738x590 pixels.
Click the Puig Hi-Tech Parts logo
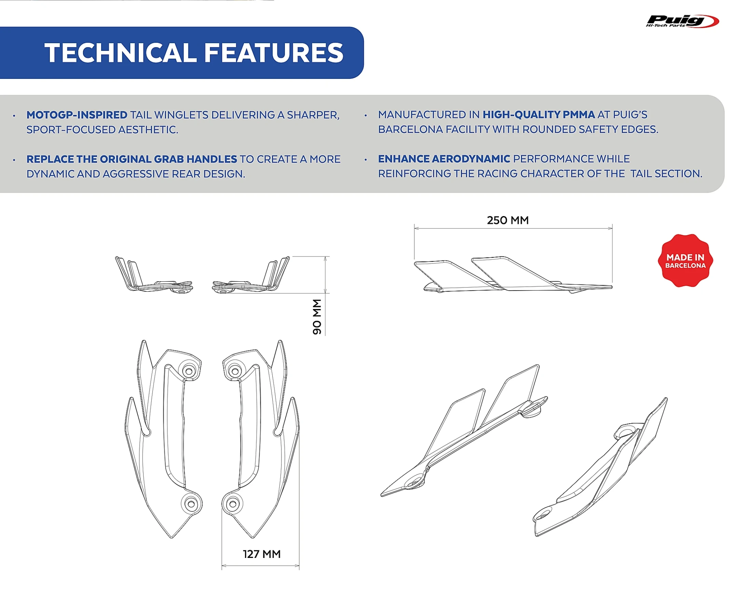(682, 21)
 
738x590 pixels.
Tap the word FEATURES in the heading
(274, 53)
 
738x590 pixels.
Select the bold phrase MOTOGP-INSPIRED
(77, 115)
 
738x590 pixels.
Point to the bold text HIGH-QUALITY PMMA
(538, 115)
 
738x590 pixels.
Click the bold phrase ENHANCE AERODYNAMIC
(444, 159)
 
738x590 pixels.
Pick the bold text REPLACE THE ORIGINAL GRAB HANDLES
(132, 159)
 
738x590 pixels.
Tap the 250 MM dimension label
(508, 220)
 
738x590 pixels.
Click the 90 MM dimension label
(317, 317)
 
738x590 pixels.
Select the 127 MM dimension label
(262, 554)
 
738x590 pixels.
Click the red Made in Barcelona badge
(685, 261)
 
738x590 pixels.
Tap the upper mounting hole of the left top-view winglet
(188, 371)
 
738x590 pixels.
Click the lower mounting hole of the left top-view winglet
(191, 504)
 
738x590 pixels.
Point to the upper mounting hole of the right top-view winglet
(235, 371)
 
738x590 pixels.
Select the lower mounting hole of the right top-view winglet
(232, 504)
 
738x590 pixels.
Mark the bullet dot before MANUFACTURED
(366, 116)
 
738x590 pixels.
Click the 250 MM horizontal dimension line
(513, 228)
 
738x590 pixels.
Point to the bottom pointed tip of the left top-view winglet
(172, 538)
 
